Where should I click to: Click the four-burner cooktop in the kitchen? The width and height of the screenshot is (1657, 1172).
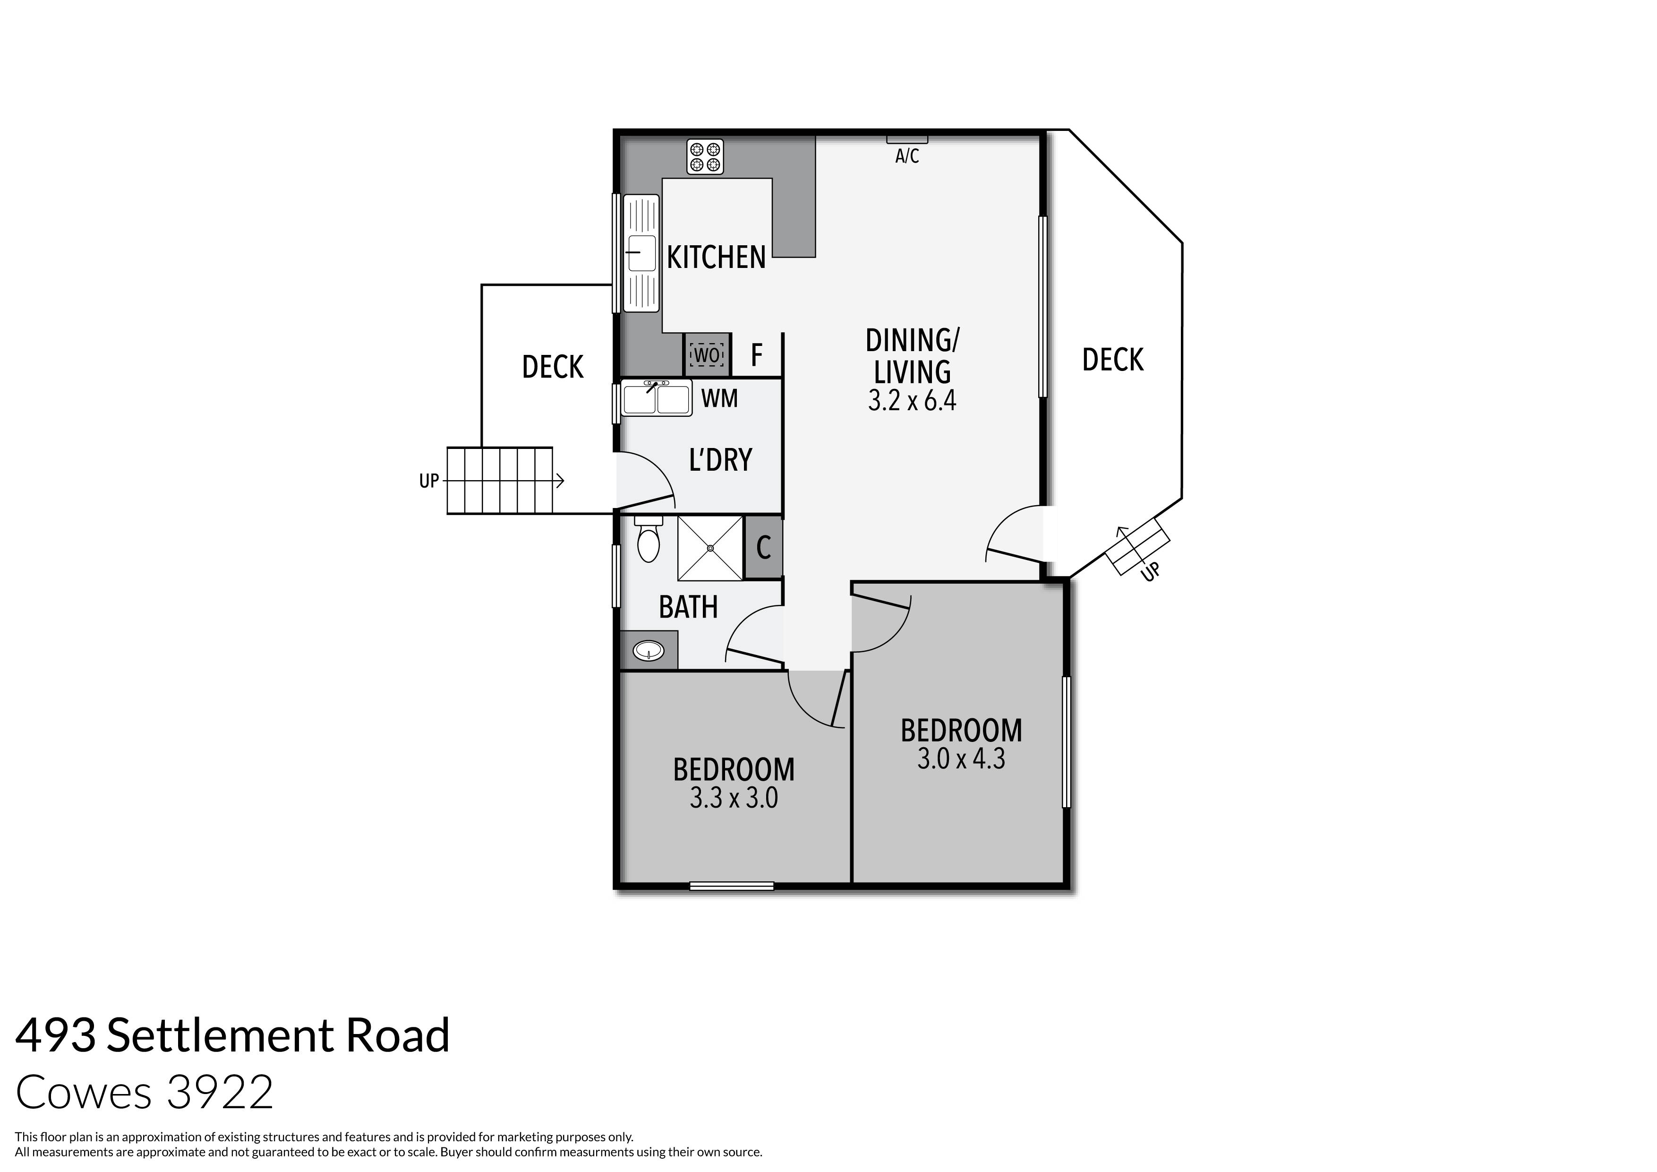[704, 157]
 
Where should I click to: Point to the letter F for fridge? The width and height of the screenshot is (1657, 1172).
[756, 355]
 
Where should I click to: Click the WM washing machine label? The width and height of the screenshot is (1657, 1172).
[719, 398]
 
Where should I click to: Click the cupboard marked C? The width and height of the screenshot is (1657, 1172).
[763, 547]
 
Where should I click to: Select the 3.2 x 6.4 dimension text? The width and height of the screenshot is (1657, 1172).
[912, 401]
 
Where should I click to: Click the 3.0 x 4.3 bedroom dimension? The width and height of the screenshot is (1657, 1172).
[961, 759]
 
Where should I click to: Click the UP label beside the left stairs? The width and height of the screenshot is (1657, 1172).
[429, 481]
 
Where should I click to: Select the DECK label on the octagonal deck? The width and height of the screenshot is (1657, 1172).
[1112, 360]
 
